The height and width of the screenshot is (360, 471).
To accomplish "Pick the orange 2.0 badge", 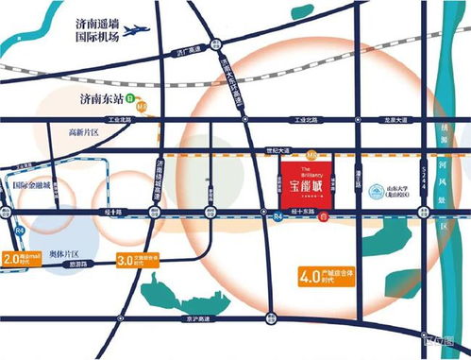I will [12, 257].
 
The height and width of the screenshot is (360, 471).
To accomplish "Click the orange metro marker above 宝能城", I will [312, 153].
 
